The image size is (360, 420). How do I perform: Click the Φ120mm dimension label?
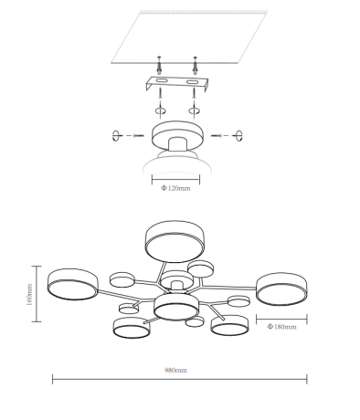[x=175, y=188]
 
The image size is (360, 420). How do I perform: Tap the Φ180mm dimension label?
[x=281, y=327]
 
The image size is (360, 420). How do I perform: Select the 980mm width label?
[x=175, y=370]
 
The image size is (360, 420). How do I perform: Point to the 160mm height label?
[x=29, y=295]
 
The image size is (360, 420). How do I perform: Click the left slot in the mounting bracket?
[x=162, y=81]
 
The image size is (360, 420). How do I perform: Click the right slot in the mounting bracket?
[x=193, y=81]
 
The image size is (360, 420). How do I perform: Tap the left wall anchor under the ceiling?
[x=159, y=66]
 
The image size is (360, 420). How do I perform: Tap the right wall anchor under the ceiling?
[x=196, y=66]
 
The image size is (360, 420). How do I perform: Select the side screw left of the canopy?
[x=139, y=135]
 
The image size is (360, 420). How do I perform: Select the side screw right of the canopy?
[x=217, y=135]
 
